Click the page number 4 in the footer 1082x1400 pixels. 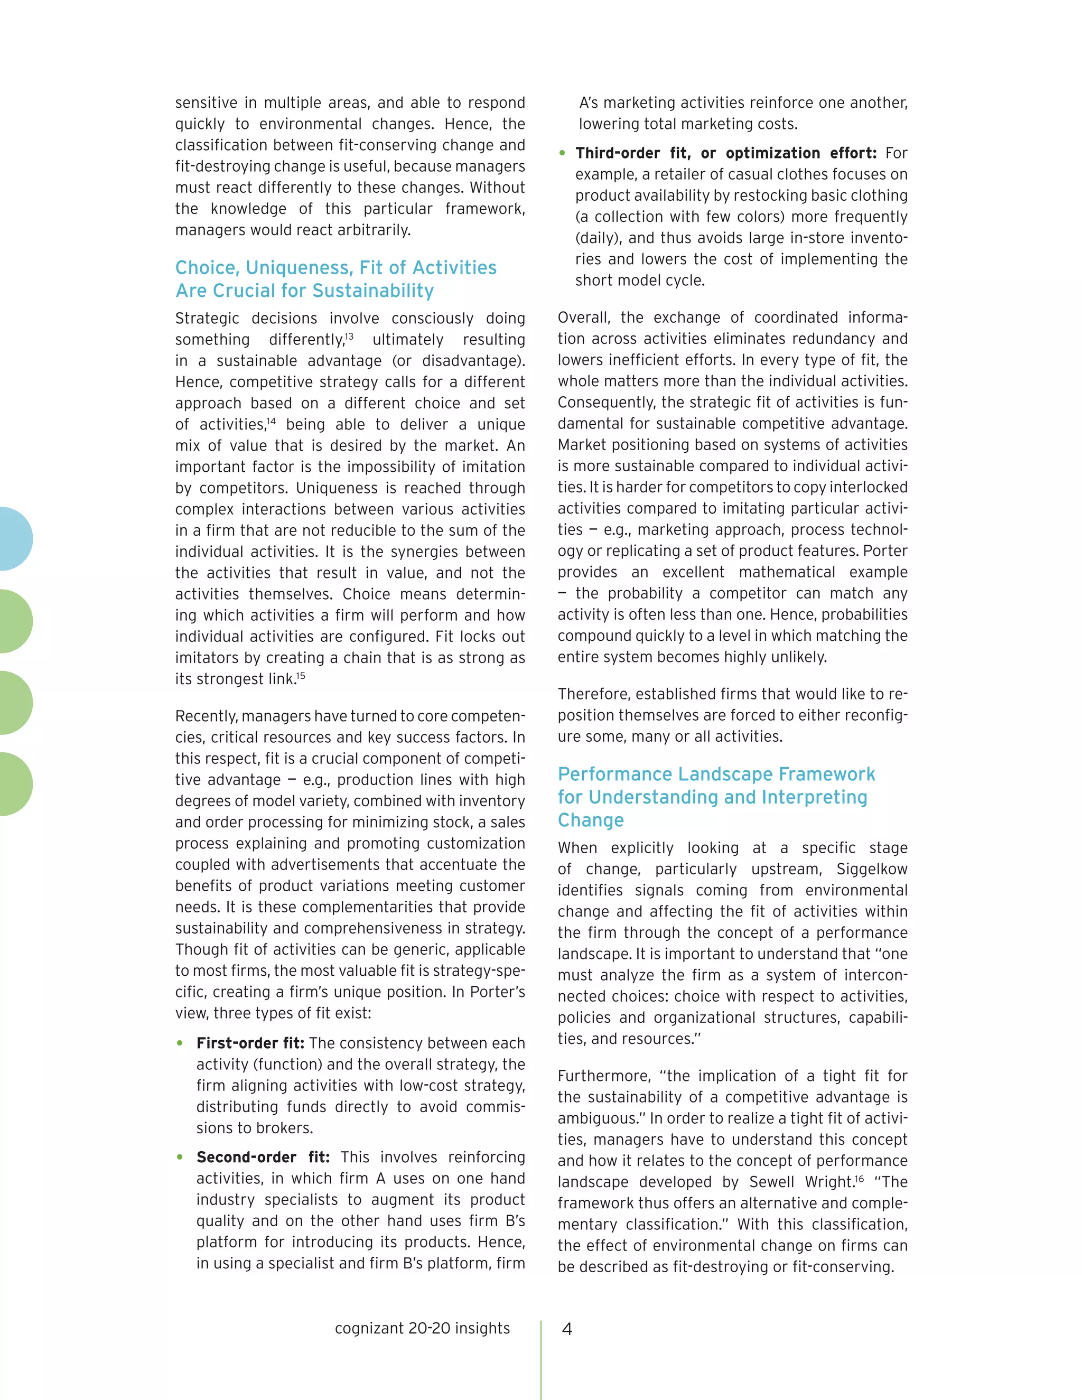point(567,1329)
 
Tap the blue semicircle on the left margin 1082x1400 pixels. point(14,538)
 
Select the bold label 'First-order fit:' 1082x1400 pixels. point(250,1043)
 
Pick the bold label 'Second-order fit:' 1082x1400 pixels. point(263,1157)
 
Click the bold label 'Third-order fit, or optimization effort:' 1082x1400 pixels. point(725,153)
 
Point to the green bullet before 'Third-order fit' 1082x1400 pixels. point(562,153)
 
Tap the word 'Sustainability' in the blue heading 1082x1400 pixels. point(372,291)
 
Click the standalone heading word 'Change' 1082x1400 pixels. point(590,820)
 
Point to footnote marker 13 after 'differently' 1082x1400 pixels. point(349,336)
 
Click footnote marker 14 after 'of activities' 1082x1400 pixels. point(271,421)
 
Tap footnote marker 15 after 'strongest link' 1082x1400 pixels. point(301,675)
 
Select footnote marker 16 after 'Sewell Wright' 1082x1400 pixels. point(860,1178)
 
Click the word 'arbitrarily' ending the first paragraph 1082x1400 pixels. point(372,230)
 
